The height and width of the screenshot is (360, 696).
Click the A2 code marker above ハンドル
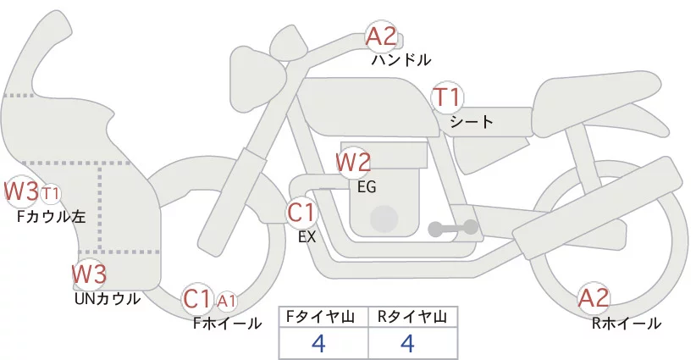381,37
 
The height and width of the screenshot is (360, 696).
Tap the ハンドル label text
400,60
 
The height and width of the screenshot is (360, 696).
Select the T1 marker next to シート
447,97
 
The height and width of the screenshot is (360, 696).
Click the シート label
472,122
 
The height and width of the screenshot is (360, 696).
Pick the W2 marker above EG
353,162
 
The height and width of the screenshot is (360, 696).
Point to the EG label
367,186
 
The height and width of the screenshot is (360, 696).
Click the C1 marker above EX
301,213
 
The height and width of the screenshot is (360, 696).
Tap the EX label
307,237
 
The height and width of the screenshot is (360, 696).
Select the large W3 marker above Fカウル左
20,191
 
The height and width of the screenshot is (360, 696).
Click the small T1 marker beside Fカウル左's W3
51,194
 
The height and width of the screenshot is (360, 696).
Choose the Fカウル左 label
52,217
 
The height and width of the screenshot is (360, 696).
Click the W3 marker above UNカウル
88,274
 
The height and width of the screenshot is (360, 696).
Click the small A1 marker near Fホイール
227,300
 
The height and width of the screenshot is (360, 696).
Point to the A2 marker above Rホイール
594,298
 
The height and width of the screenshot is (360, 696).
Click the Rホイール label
627,323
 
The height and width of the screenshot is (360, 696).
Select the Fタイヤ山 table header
323,317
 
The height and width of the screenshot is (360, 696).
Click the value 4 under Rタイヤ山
408,344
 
